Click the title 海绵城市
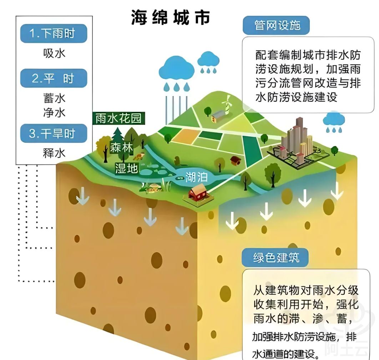171,17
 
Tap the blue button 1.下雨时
54,34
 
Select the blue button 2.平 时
54,78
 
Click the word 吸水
54,54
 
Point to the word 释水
54,153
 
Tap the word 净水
54,113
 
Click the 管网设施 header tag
276,25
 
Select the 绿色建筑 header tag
276,257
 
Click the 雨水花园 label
119,118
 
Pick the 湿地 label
126,168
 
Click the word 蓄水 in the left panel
54,98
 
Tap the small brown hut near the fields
235,160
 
